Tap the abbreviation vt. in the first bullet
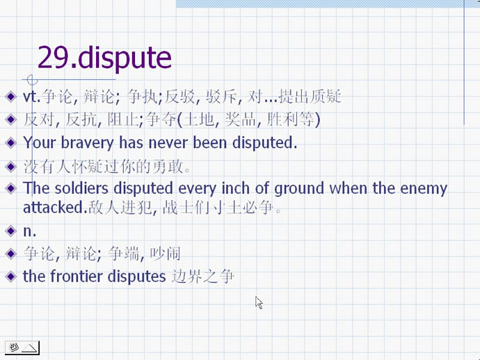[31, 97]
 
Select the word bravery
[87, 143]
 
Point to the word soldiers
[81, 188]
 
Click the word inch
[235, 188]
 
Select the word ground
[298, 189]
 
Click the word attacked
[55, 208]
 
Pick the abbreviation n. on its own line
[30, 231]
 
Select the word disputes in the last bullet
[136, 277]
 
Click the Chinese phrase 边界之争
[202, 277]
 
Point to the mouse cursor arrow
[259, 302]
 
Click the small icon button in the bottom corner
[22, 347]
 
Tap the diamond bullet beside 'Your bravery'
[10, 143]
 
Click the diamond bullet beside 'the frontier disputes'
[10, 277]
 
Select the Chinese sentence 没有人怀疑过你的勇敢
[107, 167]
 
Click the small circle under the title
[32, 80]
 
